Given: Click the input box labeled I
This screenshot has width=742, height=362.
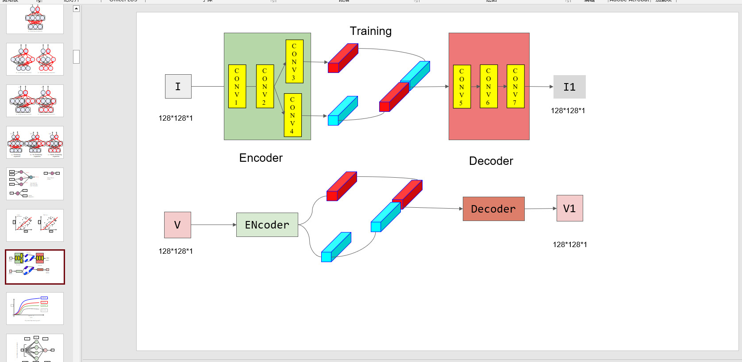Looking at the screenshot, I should click(178, 86).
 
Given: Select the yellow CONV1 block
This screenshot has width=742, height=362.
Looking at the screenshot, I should click(237, 86).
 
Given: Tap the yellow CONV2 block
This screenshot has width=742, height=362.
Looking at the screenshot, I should click(265, 86).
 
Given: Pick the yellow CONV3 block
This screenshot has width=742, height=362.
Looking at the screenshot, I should click(294, 62).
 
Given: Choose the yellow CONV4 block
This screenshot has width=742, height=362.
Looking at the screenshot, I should click(292, 115).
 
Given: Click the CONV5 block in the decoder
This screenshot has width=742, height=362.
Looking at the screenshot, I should click(461, 87).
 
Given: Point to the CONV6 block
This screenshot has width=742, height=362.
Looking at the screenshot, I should click(488, 86).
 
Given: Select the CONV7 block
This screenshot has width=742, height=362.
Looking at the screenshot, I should click(515, 86).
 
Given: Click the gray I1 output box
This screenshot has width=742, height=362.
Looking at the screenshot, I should click(569, 87).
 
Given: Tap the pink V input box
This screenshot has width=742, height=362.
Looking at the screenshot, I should click(177, 225).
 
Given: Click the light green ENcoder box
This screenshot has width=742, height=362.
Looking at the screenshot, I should click(267, 225).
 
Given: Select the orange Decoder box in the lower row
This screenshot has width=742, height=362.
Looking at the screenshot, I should click(493, 209).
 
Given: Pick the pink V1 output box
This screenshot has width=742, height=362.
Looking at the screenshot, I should click(569, 208).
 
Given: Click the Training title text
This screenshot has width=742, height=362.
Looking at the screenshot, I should click(370, 31).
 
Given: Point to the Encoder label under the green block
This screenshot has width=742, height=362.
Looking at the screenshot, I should click(261, 158).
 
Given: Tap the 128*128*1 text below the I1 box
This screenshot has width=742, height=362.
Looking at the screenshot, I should click(568, 111).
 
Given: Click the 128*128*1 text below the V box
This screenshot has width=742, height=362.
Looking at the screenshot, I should click(176, 251).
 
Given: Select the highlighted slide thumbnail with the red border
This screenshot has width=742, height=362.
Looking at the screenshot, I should click(35, 267).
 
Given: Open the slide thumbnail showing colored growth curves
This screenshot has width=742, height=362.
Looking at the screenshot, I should click(35, 308).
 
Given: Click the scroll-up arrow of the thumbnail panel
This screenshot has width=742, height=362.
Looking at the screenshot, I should click(76, 8).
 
